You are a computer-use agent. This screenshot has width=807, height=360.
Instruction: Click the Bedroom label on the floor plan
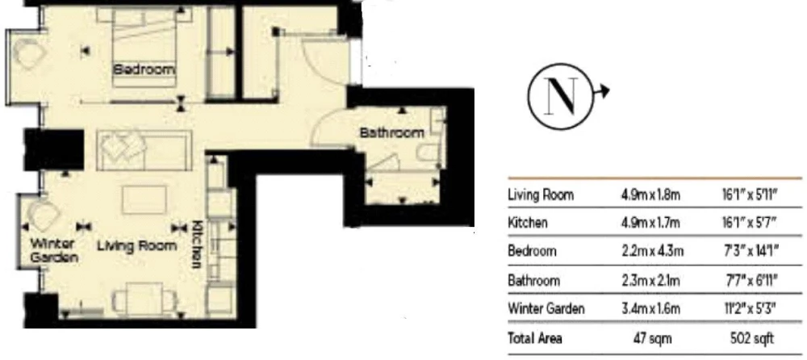coord(144,69)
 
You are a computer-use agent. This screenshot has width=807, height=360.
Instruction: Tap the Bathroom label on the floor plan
coord(391,133)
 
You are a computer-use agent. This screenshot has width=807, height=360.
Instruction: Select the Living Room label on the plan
coord(137,246)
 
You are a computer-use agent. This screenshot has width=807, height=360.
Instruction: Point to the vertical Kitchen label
coord(197,244)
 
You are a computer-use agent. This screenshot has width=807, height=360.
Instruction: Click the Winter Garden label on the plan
coord(53,250)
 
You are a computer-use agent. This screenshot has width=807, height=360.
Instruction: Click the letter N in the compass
coord(561,97)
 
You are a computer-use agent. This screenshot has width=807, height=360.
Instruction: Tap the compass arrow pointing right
coord(601,92)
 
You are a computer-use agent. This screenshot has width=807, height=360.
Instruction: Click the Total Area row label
coord(535,338)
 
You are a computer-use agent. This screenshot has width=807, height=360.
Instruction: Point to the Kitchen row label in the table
coord(528,223)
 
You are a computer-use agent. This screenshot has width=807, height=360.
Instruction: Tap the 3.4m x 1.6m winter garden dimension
coord(650,309)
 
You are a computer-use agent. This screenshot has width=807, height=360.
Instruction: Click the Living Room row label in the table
coord(541,195)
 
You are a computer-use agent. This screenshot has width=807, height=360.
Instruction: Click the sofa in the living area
coord(144,150)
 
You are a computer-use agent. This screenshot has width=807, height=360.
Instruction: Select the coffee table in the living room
coord(144,200)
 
